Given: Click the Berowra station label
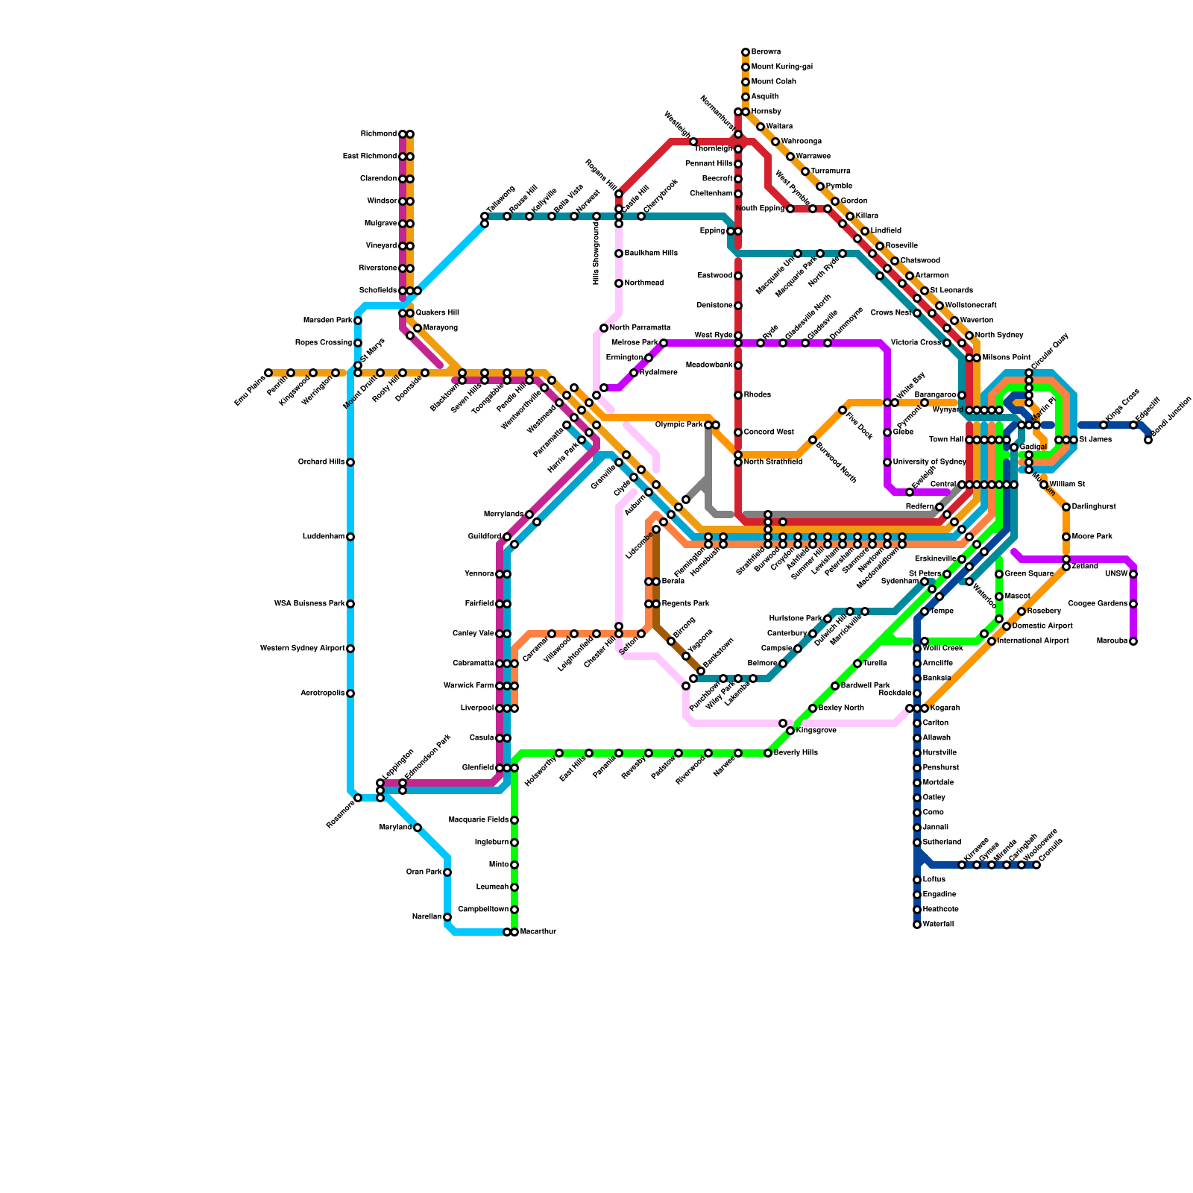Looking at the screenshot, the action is [x=766, y=52].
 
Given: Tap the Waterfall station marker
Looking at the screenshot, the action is [x=917, y=925].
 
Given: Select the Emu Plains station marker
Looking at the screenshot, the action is [x=268, y=373].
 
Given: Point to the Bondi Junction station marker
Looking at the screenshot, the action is [x=1148, y=440].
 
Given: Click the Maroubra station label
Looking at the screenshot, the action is [x=1112, y=641].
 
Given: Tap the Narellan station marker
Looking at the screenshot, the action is [x=447, y=917].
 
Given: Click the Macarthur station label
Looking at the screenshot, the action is [x=538, y=932].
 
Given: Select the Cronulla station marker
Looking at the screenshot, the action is [x=1036, y=865].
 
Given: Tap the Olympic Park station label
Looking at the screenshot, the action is [x=679, y=425].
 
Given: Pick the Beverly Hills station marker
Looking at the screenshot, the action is [x=768, y=753].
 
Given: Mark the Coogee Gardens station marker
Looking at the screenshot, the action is [x=1133, y=604].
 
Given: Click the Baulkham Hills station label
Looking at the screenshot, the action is [x=651, y=254].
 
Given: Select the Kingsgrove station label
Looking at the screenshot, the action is [x=816, y=731].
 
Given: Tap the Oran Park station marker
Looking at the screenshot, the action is [x=447, y=872].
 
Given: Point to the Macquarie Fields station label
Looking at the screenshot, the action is [x=479, y=820].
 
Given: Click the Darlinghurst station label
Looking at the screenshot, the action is [x=1094, y=507].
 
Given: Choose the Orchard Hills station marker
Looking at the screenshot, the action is [x=350, y=462].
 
